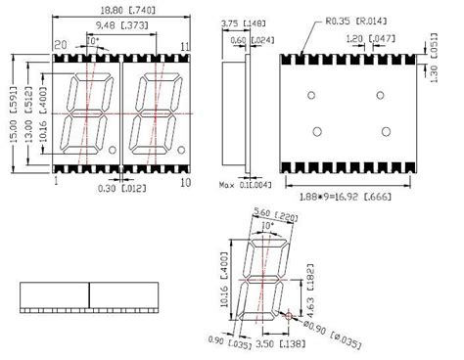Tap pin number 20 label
61,46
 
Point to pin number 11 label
185,46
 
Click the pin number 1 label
56,181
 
